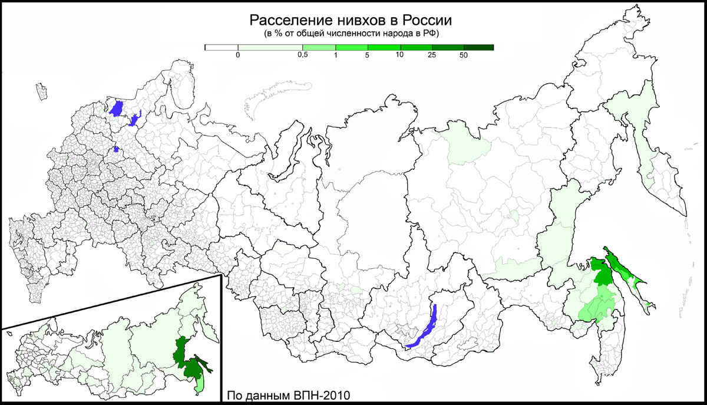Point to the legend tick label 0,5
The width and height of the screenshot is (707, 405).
(x=302, y=55)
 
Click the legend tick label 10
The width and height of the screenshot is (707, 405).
(x=399, y=55)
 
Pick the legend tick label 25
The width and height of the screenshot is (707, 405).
(x=432, y=55)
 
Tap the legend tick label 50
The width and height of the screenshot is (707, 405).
(x=464, y=55)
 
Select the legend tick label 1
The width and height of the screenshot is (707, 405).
(x=335, y=55)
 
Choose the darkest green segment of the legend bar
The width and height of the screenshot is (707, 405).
(x=478, y=47)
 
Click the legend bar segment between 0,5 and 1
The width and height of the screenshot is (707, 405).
(x=318, y=47)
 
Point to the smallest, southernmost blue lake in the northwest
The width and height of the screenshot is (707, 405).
(x=117, y=149)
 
